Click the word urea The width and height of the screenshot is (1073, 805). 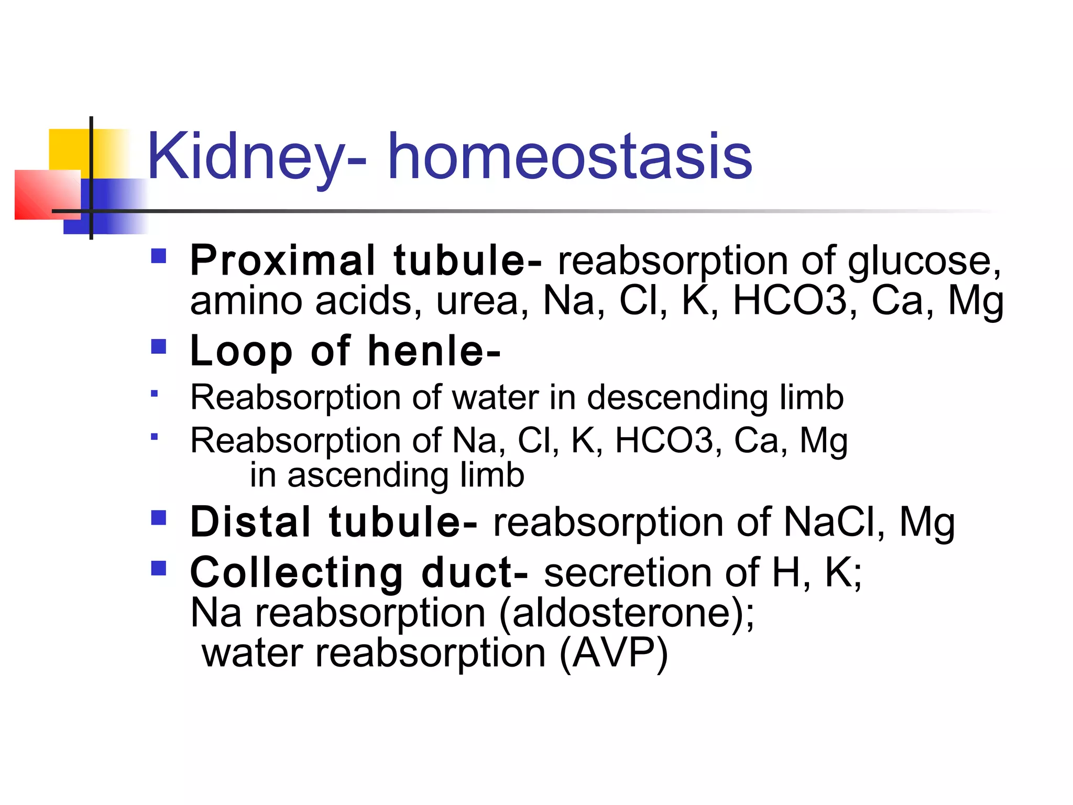coord(477,301)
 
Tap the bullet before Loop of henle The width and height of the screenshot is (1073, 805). coord(158,346)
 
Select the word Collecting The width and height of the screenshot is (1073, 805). coord(297,572)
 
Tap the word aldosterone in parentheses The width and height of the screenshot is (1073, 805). coord(626,613)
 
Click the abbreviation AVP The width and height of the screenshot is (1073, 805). coord(613,653)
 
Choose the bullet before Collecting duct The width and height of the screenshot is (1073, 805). coord(158,568)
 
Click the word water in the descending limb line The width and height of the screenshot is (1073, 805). coord(495,397)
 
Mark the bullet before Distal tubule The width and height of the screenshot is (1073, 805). coord(158,518)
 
